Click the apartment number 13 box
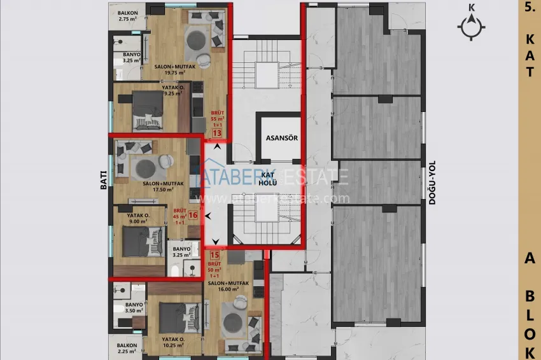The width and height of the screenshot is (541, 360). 217,134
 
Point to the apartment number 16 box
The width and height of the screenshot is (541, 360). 193,215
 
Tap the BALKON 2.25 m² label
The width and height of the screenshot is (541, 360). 127,349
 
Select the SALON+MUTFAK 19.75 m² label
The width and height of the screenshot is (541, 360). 170,69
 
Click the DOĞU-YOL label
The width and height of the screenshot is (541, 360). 431,181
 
